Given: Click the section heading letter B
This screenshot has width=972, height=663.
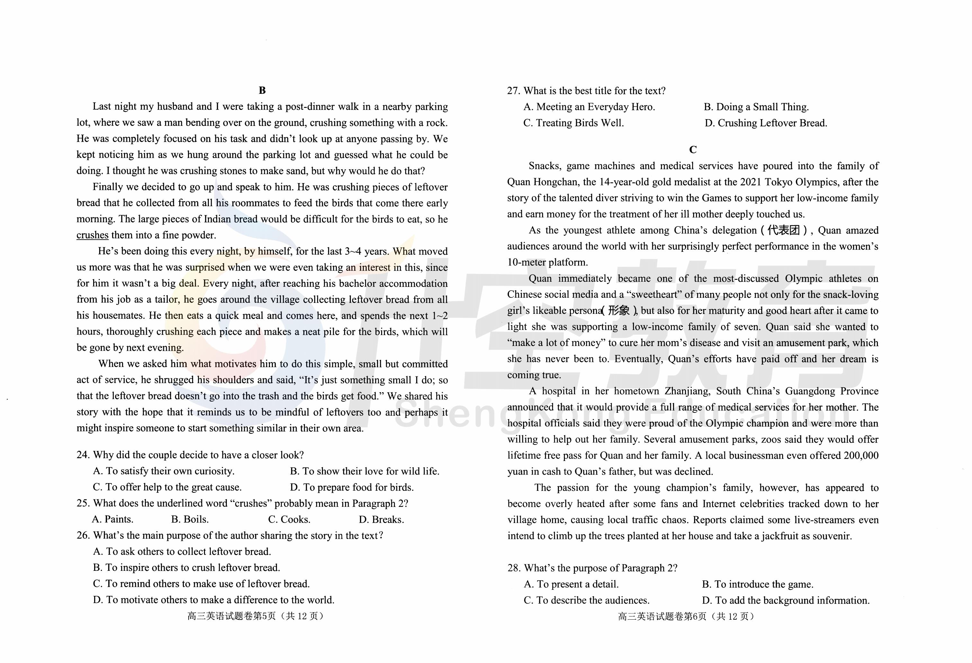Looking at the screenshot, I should [262, 91].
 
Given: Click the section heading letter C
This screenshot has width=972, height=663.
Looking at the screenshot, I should [693, 150].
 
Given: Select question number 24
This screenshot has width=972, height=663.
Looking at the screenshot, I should [83, 455].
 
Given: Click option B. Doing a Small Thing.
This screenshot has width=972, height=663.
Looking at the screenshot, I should [756, 107].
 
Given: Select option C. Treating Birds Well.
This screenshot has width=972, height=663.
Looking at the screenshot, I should [574, 123].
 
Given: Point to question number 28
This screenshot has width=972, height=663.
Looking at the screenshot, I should [514, 568].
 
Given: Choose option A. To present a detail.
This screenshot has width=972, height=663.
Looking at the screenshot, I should [571, 584].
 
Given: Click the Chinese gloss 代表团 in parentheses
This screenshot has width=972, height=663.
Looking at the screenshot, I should [783, 230].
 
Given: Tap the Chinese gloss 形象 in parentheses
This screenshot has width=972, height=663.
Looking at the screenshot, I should [619, 311].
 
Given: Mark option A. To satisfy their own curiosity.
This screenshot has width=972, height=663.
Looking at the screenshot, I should [164, 471].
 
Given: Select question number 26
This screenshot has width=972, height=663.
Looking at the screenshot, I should [83, 535].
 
